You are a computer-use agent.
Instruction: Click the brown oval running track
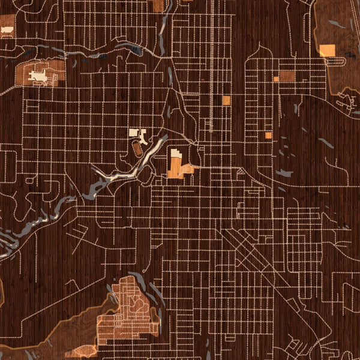[x=138, y=147]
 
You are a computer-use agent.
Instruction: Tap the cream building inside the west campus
[x=38, y=76]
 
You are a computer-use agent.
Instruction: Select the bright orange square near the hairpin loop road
[x=327, y=50]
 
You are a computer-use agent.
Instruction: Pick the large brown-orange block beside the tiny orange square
[x=287, y=76]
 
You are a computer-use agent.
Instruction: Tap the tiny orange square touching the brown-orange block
[x=276, y=79]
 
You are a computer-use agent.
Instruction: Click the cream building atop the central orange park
[x=176, y=154]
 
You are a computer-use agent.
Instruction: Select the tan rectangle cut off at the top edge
[x=158, y=5]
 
